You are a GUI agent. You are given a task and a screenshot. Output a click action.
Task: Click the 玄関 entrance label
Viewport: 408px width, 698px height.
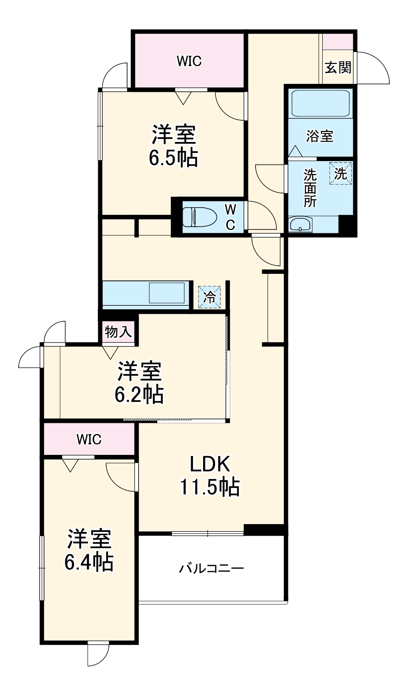[x=338, y=67]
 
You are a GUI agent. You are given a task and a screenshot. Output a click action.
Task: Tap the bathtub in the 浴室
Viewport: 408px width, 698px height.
[x=320, y=104]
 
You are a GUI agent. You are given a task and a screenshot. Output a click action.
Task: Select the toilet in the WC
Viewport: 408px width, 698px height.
[x=200, y=217]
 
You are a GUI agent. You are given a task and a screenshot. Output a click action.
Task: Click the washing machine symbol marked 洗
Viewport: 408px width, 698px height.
[x=340, y=173]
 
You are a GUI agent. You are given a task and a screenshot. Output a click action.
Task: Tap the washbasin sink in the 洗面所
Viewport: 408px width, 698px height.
[x=300, y=225]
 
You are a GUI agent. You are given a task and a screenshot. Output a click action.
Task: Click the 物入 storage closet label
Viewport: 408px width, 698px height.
[x=118, y=331]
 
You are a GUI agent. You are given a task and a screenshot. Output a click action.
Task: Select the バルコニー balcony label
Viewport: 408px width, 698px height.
[x=211, y=568]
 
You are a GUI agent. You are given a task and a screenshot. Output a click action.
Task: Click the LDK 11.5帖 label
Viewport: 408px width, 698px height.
[x=210, y=475]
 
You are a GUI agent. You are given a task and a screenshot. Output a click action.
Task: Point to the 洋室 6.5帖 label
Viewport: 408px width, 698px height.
[x=173, y=146]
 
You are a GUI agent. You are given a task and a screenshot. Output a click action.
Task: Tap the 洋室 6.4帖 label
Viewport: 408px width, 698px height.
[x=89, y=550]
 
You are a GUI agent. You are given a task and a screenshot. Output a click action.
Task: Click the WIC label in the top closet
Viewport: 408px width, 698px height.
[x=189, y=61]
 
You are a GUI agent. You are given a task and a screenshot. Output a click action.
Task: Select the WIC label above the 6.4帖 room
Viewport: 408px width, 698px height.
[x=89, y=439]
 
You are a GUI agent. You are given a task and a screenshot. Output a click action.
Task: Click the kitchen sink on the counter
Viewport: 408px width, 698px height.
[x=167, y=293]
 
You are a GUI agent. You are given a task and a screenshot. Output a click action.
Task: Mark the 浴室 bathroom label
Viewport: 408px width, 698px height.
[x=320, y=136]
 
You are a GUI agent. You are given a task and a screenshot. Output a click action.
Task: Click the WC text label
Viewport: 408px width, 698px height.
[x=230, y=217]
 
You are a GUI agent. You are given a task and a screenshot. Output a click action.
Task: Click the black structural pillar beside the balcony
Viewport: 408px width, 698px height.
[x=264, y=529]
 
